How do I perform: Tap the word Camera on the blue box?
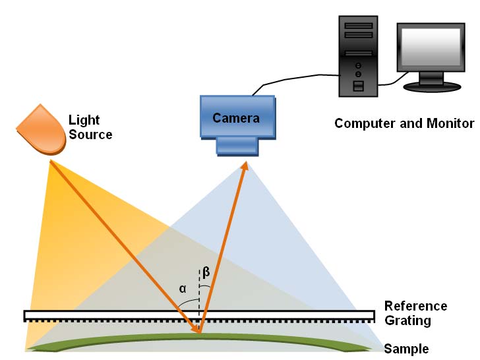tap(236, 119)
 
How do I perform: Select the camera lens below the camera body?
tap(237, 146)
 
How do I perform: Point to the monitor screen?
tap(429, 49)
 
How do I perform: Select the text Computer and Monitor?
tap(404, 123)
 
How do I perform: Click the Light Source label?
tap(90, 127)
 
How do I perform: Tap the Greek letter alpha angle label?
tap(182, 288)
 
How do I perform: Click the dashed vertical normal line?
tap(199, 290)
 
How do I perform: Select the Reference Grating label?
tap(415, 314)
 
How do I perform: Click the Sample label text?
tap(406, 349)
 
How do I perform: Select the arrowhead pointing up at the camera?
tap(245, 165)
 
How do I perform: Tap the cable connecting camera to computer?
tap(297, 78)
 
